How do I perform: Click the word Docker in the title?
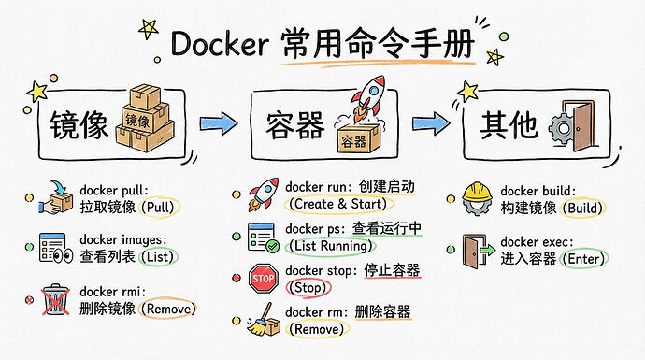click(220, 44)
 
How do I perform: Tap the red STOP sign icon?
click(264, 279)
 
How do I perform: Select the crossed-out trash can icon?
click(55, 300)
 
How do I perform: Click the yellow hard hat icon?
click(477, 199)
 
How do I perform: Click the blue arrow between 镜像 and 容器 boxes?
click(219, 123)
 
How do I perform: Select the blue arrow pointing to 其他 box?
click(431, 123)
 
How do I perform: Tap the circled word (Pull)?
click(160, 207)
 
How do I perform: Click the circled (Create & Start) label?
click(339, 204)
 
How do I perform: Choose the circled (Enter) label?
click(585, 259)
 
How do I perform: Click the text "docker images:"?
click(123, 239)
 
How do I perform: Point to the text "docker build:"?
click(538, 191)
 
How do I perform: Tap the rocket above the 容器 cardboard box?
click(368, 97)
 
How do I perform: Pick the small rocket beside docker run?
click(263, 194)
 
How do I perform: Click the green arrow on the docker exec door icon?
click(488, 250)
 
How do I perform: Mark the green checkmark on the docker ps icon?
click(272, 247)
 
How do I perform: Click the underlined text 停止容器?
click(392, 271)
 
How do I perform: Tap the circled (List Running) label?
click(331, 246)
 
